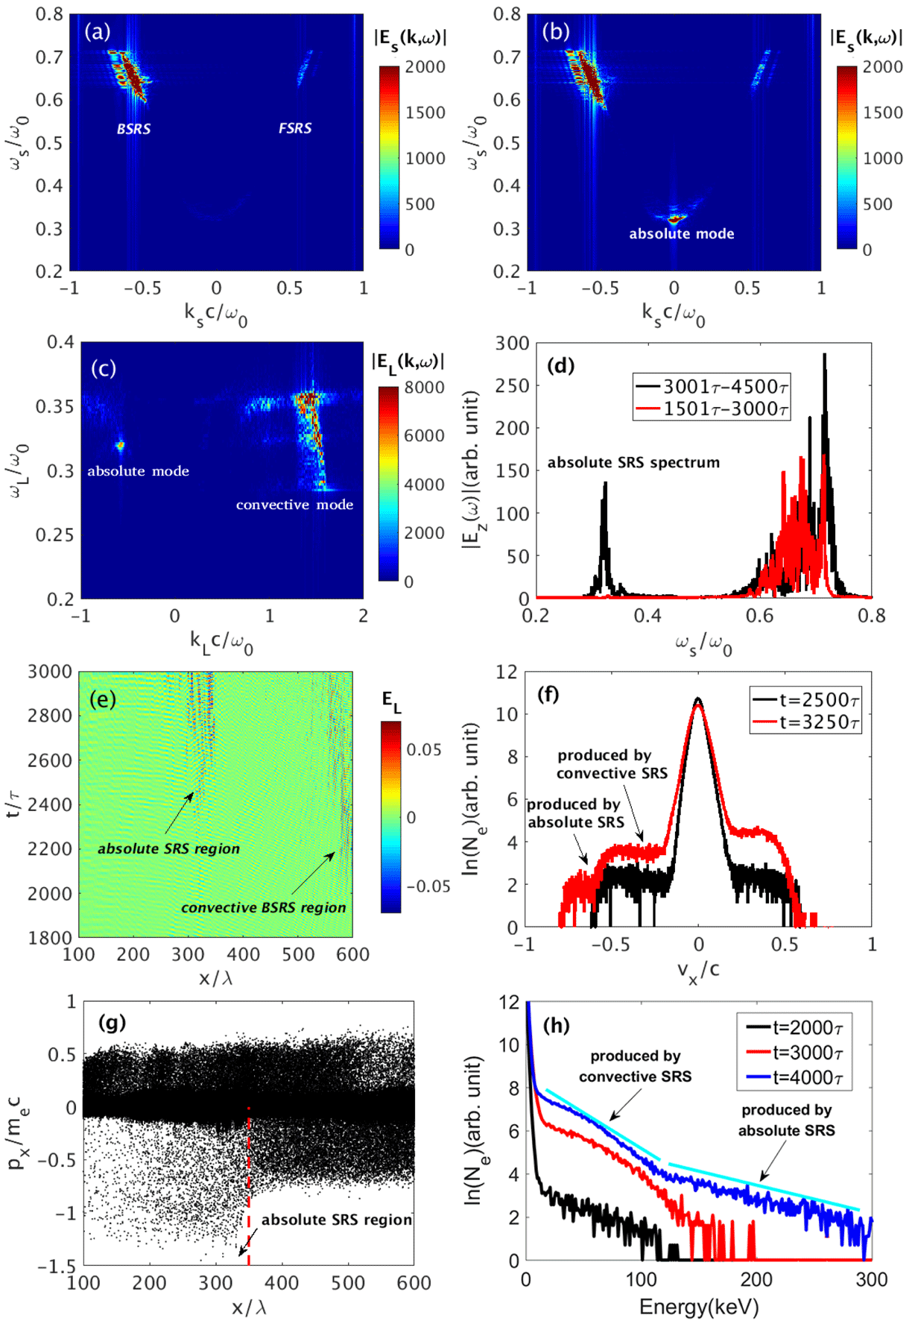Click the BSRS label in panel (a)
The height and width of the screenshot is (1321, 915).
pos(134,129)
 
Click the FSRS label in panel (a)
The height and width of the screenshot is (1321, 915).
pos(295,128)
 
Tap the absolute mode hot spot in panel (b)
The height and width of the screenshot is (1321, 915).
pos(675,219)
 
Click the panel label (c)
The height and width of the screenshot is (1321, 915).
pos(104,368)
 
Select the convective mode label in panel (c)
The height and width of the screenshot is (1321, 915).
pos(294,505)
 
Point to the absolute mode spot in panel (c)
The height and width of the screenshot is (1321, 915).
pos(119,446)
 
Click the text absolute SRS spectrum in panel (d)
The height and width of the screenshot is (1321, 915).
pos(633,462)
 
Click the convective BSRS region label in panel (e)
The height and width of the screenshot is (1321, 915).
pos(263,907)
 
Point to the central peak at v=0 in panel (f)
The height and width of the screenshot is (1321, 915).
pos(698,701)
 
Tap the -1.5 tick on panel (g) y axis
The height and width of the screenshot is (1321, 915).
pos(60,1265)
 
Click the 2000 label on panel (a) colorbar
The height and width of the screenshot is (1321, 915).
pos(425,67)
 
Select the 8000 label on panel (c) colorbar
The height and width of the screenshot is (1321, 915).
pos(424,388)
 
